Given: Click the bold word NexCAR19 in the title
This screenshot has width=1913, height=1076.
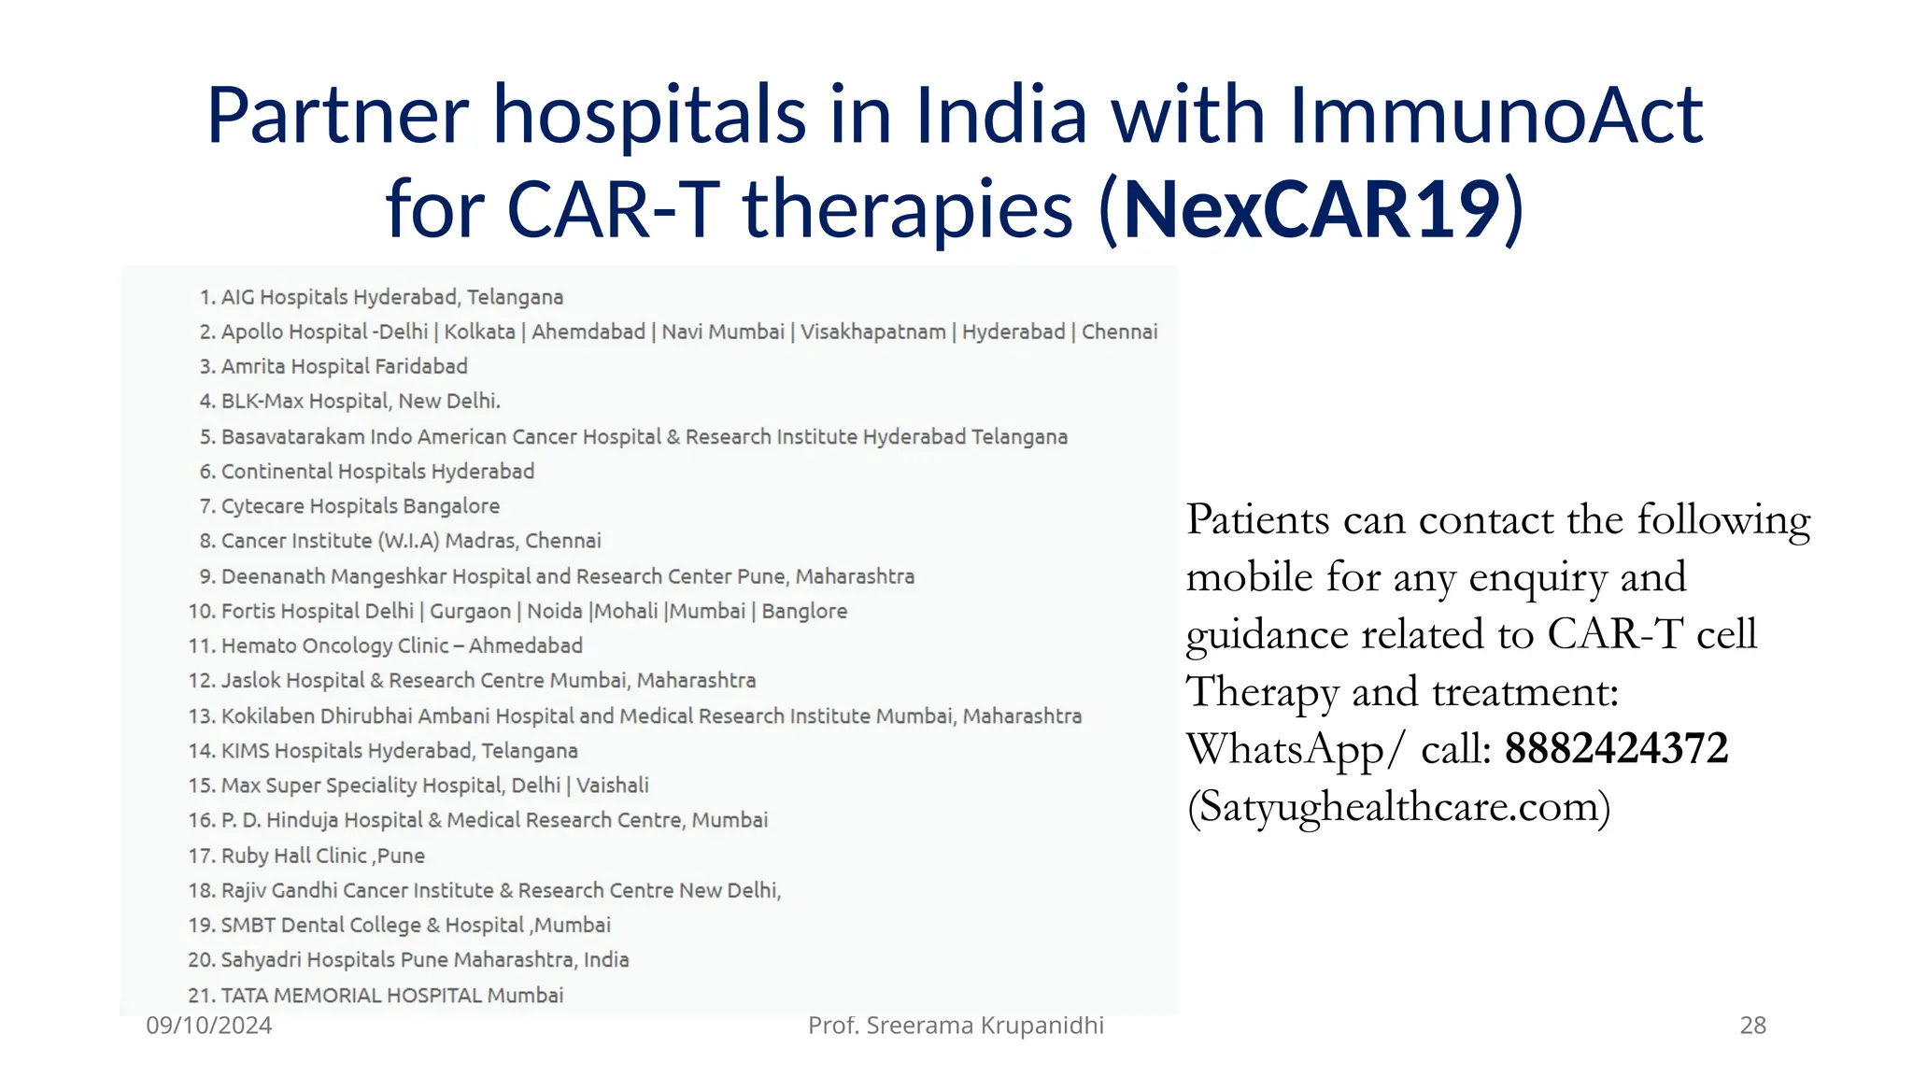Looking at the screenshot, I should tap(1311, 209).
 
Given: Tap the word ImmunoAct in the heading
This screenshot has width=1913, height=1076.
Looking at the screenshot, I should tap(1496, 116).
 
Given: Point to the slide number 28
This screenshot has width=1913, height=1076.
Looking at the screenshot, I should tap(1752, 1026).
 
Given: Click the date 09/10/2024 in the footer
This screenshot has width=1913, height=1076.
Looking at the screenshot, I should tap(209, 1026).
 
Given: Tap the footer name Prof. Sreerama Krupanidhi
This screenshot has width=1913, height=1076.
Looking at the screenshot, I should tap(956, 1026).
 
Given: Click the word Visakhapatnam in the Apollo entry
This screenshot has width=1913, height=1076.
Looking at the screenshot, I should tap(872, 332).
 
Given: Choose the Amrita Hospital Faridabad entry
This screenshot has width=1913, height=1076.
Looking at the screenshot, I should tap(344, 366).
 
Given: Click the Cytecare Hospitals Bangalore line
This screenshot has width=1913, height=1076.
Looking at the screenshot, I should tap(360, 506).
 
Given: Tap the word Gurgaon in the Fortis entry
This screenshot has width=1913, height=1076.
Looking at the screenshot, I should tap(470, 611).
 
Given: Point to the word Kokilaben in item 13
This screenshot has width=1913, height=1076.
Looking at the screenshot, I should tap(267, 716).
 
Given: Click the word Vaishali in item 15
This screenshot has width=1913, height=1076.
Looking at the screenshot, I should tap(613, 786).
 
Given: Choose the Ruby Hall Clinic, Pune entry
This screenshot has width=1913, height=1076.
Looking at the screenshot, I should tap(322, 856).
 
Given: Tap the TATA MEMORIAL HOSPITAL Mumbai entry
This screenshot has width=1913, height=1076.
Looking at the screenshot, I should tap(391, 995).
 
